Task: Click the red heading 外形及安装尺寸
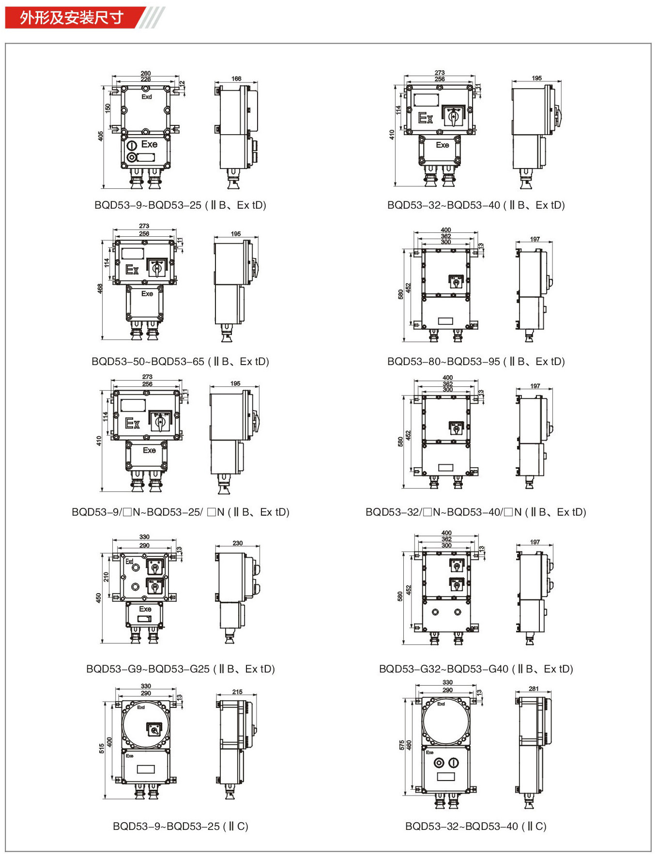71,18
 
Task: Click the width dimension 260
145,74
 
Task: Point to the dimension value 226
145,79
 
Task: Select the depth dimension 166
236,78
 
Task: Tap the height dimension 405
100,137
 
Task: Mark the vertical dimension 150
108,107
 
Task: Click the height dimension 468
100,289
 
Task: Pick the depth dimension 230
237,543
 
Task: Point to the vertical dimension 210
106,577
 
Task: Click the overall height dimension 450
99,598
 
